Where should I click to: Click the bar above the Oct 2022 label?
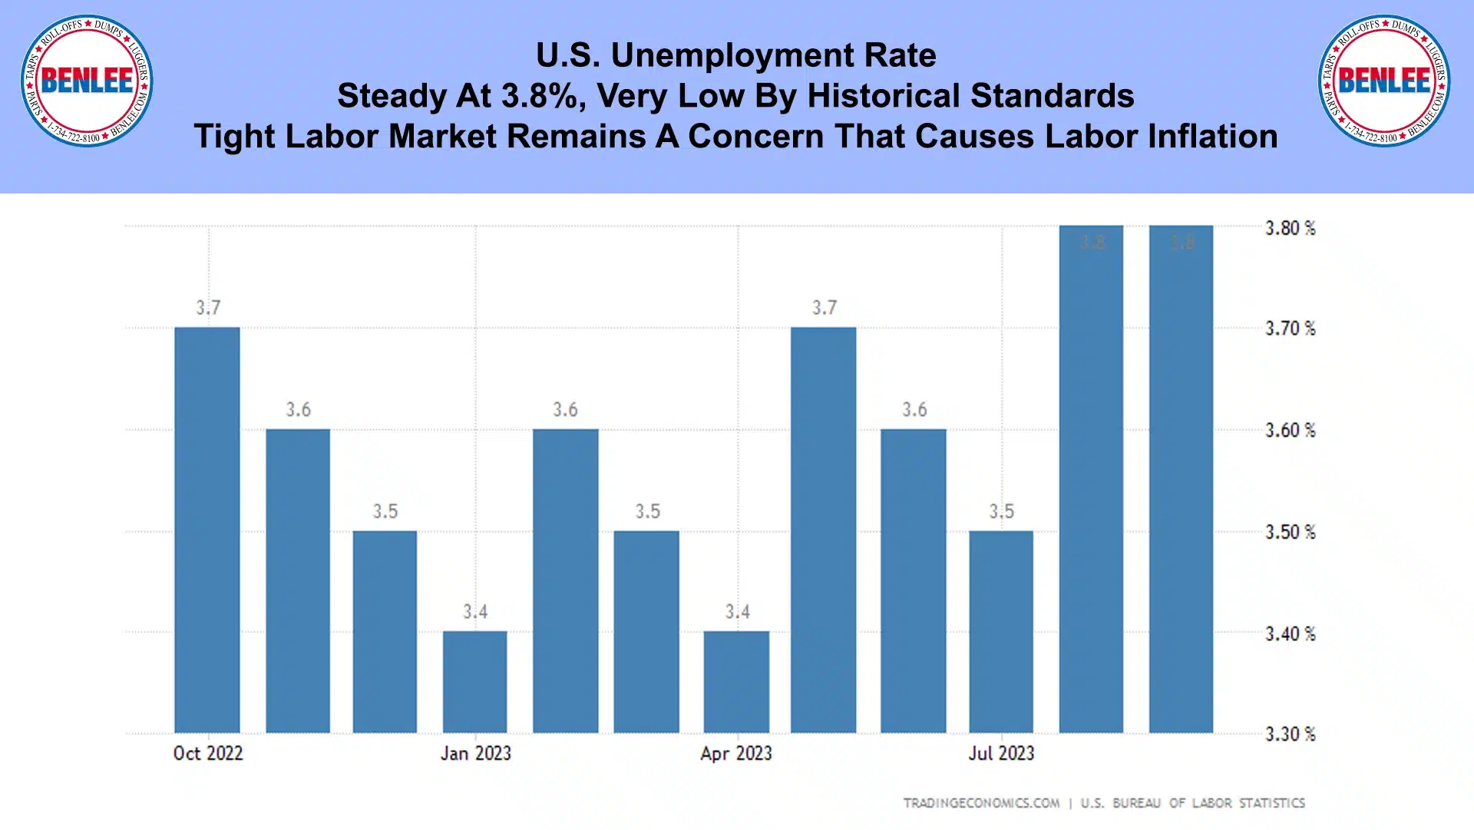point(207,530)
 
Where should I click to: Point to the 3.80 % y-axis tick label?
point(1290,228)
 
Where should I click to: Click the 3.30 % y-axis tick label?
point(1290,734)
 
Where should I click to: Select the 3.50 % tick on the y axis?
point(1290,532)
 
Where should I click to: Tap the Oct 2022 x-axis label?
point(208,753)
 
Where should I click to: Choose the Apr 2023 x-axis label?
point(736,753)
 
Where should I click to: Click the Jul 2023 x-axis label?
point(1001,753)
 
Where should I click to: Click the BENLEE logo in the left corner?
point(87,81)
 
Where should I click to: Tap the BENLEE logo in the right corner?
point(1384,81)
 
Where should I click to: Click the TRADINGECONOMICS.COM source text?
point(981,803)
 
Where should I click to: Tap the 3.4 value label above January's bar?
point(475,612)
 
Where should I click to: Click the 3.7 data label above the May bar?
point(825,308)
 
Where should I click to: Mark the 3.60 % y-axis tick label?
point(1290,431)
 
